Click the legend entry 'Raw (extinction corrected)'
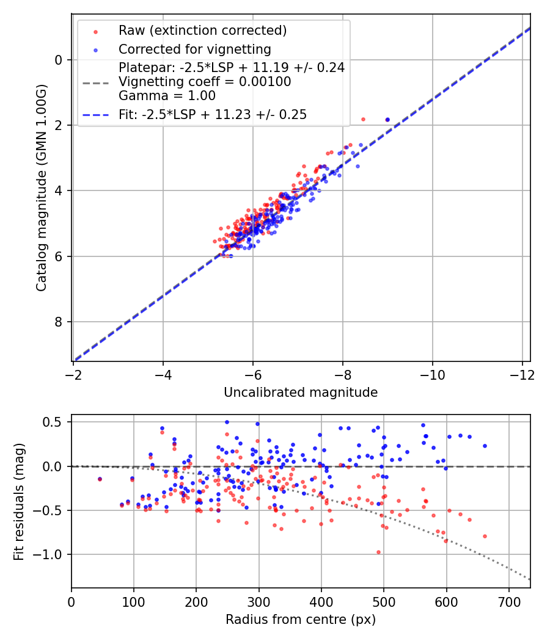[202, 31]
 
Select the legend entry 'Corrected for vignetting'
[194, 49]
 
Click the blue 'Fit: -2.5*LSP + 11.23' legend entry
[212, 114]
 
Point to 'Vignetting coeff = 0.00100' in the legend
[205, 81]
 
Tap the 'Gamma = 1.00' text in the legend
[167, 95]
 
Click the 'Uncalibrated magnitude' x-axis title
[301, 393]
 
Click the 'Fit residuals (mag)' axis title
[19, 501]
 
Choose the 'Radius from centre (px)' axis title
[301, 620]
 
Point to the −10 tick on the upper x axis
[432, 374]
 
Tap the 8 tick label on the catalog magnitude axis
[59, 322]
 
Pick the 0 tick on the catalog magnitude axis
[59, 60]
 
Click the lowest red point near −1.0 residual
[378, 552]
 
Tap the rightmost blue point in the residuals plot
[485, 446]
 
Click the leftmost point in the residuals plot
[100, 479]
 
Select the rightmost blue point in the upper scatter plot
[387, 120]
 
